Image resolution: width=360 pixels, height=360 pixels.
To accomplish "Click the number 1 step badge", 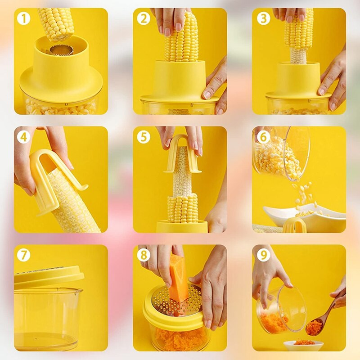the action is [x=23, y=18].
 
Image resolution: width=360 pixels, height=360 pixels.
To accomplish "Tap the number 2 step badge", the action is [x=144, y=18].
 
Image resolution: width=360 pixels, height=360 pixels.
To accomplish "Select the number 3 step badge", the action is [x=263, y=18].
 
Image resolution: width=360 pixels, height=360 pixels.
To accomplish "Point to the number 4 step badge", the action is [x=23, y=137].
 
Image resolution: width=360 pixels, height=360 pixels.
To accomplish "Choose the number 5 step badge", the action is [x=144, y=137].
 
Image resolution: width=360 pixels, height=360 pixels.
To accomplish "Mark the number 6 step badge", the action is [x=263, y=137].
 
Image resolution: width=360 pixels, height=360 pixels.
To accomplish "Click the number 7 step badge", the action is [x=23, y=255].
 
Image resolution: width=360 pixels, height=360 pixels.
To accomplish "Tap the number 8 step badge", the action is [x=144, y=255].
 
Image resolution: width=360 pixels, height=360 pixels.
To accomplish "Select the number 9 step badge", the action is [x=263, y=255].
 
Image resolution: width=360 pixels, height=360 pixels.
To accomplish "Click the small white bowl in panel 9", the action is [x=303, y=346].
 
